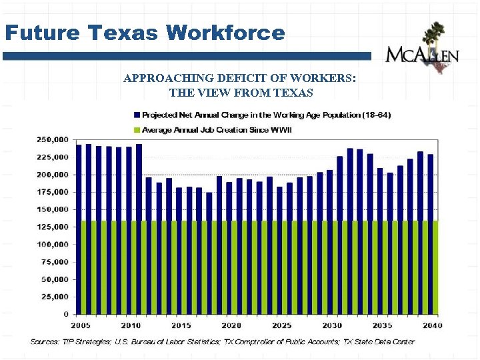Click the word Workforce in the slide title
pyautogui.click(x=225, y=33)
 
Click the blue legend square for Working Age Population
pyautogui.click(x=137, y=115)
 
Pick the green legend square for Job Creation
pyautogui.click(x=137, y=129)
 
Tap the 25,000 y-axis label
pyautogui.click(x=53, y=297)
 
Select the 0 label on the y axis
pyautogui.click(x=65, y=314)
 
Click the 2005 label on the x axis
pyautogui.click(x=80, y=325)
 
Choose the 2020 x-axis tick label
pyautogui.click(x=231, y=325)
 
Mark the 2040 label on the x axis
pyautogui.click(x=431, y=325)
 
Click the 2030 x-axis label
pyautogui.click(x=331, y=325)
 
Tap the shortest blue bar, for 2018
pyautogui.click(x=209, y=207)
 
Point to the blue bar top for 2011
pyautogui.click(x=139, y=146)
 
